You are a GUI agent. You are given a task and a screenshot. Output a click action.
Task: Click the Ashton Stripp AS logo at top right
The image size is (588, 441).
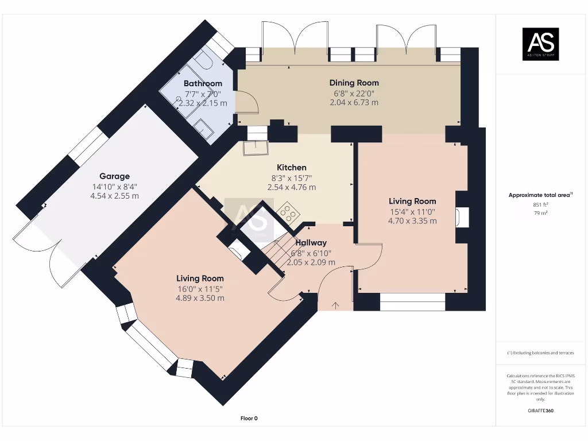coord(540,44)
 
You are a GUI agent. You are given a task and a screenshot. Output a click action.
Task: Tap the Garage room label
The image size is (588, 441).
coord(114,176)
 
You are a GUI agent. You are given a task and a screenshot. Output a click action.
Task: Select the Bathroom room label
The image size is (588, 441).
coord(203,84)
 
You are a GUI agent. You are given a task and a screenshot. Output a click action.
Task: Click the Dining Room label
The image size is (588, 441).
coord(354,83)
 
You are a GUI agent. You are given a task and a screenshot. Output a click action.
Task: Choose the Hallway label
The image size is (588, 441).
coord(311,243)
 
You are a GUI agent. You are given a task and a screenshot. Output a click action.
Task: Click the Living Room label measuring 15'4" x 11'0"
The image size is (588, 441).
coord(412,202)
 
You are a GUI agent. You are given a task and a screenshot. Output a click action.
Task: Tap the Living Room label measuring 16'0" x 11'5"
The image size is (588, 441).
coord(199,278)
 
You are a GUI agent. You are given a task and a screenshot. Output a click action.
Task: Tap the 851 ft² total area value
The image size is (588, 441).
coord(540,204)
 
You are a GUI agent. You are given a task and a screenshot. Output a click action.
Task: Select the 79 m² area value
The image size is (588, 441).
coord(540,213)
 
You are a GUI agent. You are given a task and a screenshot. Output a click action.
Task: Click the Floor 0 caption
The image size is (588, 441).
coord(249,419)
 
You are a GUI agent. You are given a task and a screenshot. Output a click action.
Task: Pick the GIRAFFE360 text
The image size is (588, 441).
coord(540,411)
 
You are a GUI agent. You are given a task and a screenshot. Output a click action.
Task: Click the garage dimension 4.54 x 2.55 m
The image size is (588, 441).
coord(114,196)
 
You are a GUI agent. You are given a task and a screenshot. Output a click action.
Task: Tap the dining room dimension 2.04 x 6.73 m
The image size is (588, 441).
coord(354,102)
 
